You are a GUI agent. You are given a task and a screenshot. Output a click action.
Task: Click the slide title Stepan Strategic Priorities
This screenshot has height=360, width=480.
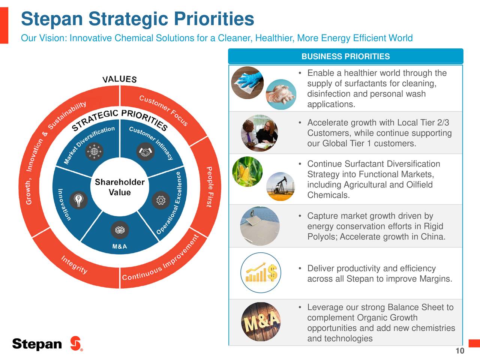coord(137,19)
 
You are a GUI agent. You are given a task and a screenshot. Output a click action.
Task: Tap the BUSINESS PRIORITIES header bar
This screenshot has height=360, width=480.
coord(345,57)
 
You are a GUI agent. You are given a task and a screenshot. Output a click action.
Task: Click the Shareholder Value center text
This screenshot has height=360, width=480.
coord(120,187)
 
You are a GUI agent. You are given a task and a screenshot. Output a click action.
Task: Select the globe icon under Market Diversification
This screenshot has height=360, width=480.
coord(94,152)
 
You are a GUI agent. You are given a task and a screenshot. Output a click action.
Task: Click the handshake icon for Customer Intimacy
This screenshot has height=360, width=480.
coord(145,152)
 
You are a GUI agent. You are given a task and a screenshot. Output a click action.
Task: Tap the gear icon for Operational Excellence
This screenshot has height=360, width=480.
coord(161,200)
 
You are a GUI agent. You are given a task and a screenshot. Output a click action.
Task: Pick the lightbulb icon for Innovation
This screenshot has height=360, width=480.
coord(78,199)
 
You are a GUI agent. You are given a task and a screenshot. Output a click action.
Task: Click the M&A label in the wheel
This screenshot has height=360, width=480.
coord(120,246)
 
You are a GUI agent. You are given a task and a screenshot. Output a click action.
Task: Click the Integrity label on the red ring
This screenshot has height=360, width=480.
coord(74,265)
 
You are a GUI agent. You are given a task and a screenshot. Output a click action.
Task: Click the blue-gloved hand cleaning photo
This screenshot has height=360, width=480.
coord(247,82)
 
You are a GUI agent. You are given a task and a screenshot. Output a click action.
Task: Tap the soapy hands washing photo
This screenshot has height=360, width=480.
coord(280,94)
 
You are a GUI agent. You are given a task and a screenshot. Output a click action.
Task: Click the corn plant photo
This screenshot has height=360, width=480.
coord(247,172)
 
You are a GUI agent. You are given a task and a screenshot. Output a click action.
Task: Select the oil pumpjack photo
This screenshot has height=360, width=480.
coord(280,186)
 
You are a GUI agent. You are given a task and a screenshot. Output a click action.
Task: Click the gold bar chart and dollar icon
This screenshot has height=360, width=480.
coord(261,273)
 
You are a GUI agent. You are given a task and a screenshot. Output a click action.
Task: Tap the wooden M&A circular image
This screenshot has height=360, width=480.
coord(261,321)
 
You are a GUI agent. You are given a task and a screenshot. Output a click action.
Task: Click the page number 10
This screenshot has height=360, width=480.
coord(460,351)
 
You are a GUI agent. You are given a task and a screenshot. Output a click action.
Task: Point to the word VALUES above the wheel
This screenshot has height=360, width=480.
coord(120,79)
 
